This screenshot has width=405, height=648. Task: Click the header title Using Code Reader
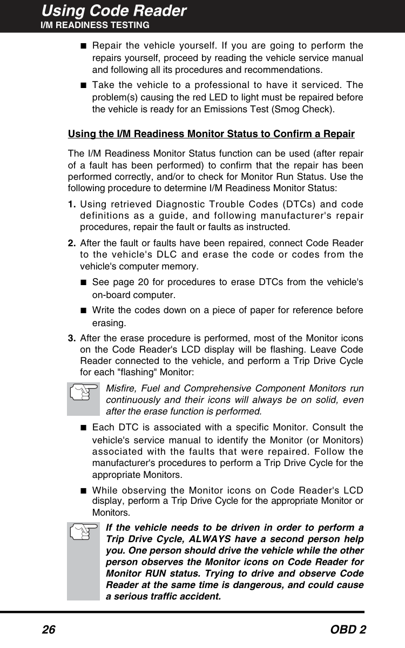point(114,11)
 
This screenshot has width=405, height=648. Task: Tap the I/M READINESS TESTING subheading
point(96,25)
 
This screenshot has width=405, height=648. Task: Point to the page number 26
point(49,630)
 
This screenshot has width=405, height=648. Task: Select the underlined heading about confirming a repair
point(211,134)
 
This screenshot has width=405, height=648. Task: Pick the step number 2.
point(72,244)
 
